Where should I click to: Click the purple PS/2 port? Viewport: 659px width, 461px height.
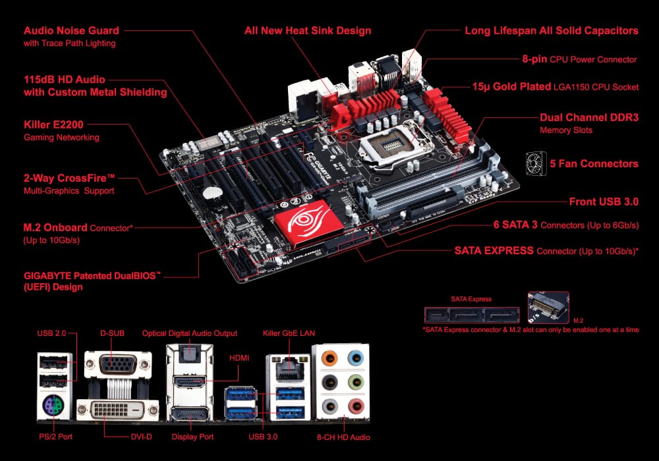click(53, 406)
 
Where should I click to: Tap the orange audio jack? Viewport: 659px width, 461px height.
click(329, 358)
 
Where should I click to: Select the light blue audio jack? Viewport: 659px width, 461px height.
click(356, 358)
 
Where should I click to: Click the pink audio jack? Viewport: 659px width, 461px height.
click(356, 406)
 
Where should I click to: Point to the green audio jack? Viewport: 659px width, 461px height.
click(356, 382)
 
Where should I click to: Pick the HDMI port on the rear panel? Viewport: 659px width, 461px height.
click(190, 382)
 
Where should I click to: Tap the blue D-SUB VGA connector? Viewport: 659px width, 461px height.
click(118, 364)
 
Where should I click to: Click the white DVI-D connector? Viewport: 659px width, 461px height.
click(118, 409)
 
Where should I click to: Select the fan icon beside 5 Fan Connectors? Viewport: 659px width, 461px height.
click(536, 163)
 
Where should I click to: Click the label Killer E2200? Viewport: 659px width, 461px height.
click(53, 124)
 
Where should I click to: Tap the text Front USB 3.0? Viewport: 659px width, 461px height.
click(604, 202)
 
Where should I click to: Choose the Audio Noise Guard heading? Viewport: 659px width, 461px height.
click(71, 30)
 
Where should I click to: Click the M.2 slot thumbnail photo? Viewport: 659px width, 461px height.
click(548, 308)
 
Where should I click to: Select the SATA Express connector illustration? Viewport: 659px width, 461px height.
click(472, 315)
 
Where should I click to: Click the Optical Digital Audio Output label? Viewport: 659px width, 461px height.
click(190, 333)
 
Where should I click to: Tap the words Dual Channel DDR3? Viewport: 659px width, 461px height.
click(588, 118)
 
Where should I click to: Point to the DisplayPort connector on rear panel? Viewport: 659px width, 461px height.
click(190, 414)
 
